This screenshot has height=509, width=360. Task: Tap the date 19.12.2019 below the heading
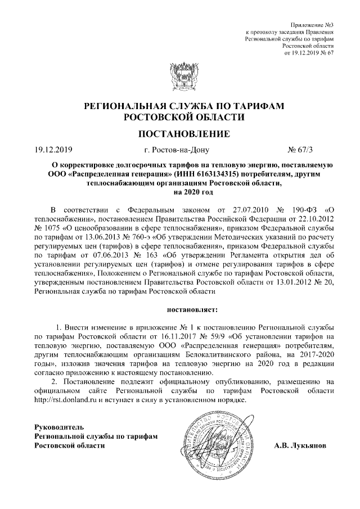[54, 150]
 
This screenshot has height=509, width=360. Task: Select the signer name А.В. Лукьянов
[303, 445]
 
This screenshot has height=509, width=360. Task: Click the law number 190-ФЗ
[293, 209]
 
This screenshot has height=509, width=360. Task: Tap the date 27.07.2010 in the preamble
[247, 209]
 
